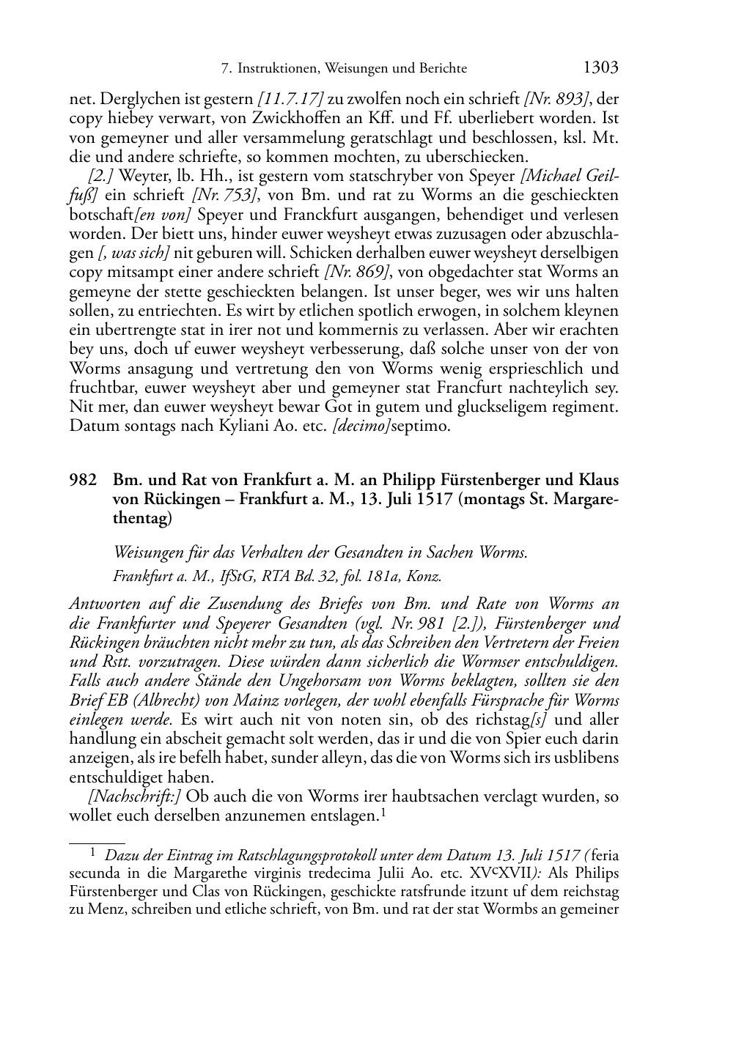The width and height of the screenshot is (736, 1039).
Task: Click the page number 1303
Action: point(601,68)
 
